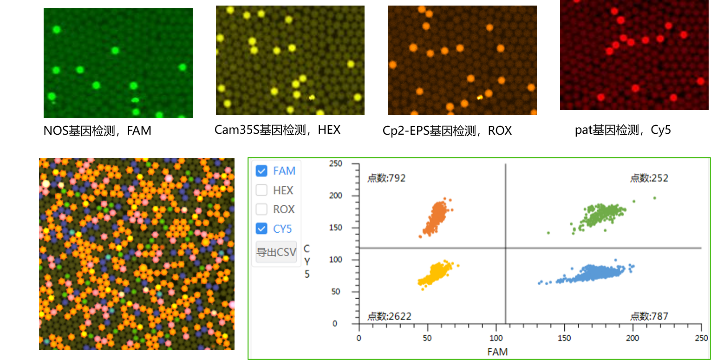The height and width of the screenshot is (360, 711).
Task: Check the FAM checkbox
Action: click(262, 171)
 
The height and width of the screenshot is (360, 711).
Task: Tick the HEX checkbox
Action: click(262, 190)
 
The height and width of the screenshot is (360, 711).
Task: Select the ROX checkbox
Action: click(262, 209)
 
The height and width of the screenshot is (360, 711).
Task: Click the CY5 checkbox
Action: click(262, 229)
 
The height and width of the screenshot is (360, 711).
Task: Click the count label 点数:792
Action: click(386, 178)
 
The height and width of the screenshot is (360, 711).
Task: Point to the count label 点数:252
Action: click(649, 178)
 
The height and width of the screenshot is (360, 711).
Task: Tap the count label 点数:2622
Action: click(389, 316)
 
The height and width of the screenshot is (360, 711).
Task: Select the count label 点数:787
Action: click(649, 316)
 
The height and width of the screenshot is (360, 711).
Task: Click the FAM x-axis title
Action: click(497, 352)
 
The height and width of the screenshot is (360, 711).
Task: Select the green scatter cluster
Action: click(599, 214)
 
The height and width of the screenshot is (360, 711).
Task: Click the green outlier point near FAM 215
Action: click(654, 198)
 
